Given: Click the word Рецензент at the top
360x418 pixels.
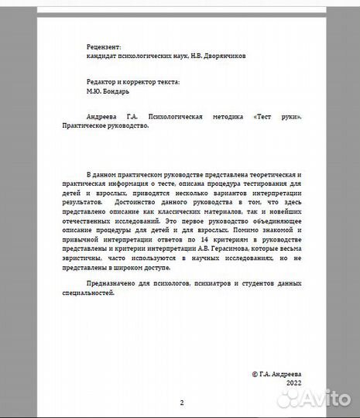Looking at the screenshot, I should [x=105, y=47].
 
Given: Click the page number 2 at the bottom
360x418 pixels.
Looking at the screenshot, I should [x=181, y=403].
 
